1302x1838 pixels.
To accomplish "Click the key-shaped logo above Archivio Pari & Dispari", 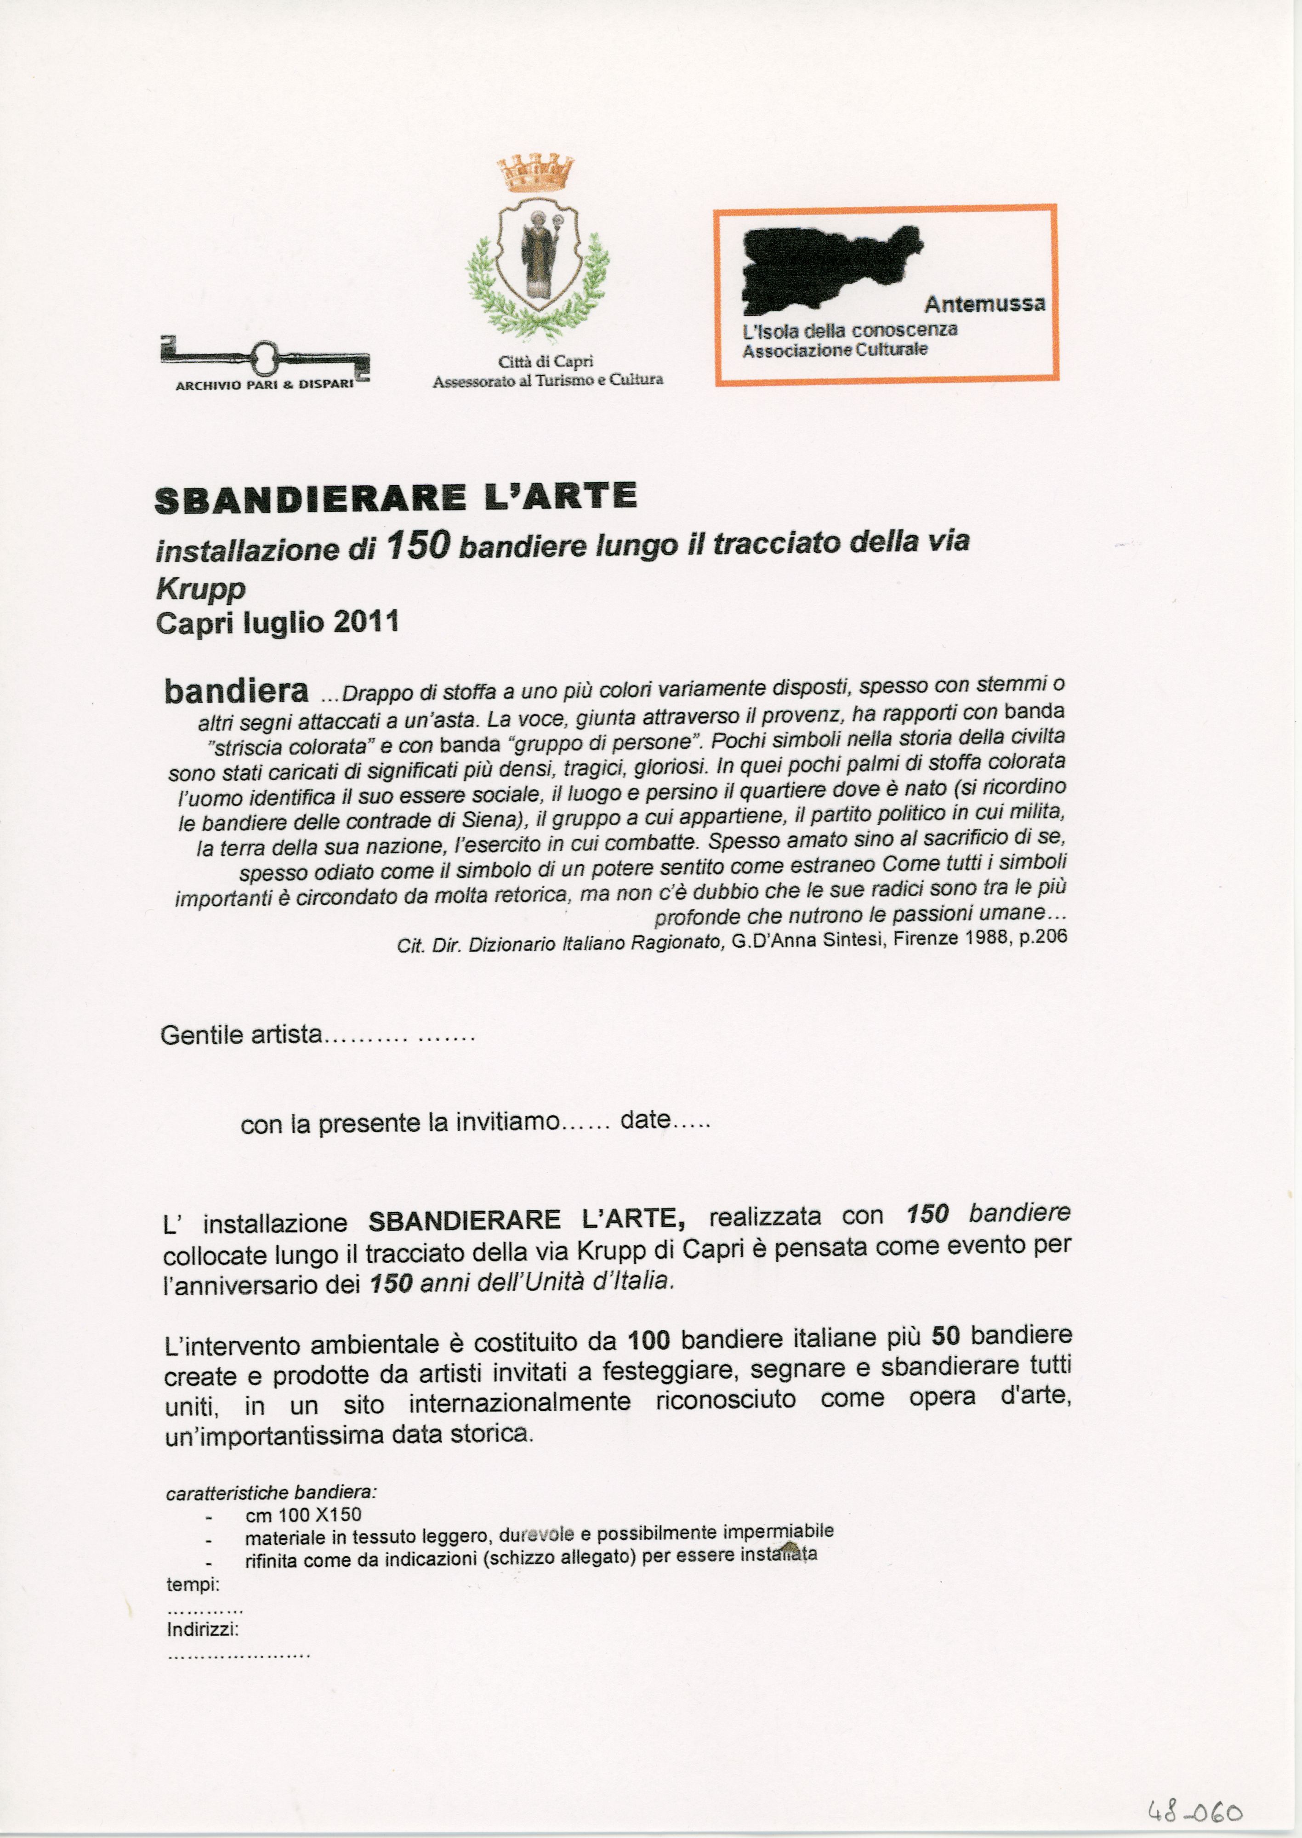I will [x=265, y=357].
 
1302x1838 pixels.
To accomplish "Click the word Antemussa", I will [x=984, y=304].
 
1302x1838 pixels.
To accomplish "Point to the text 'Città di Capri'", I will [x=545, y=362].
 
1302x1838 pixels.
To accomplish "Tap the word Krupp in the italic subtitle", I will [x=200, y=589].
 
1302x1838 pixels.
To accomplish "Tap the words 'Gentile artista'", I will [x=240, y=1035].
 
